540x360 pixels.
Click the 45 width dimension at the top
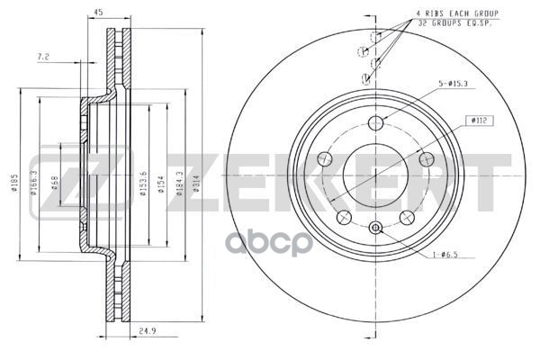[x=98, y=13]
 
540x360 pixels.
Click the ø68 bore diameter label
[x=56, y=184]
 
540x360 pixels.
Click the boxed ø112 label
[x=478, y=120]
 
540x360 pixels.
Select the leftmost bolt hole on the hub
[x=327, y=158]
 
